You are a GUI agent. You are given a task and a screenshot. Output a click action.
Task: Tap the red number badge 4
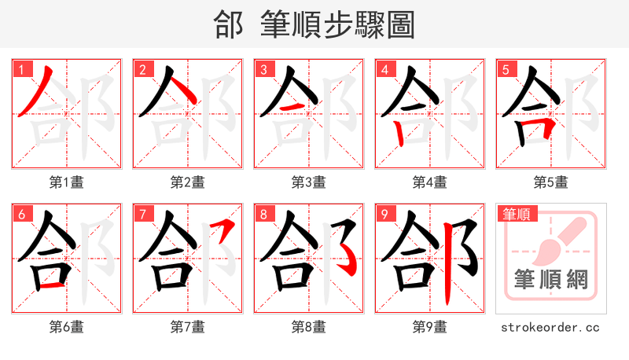384,69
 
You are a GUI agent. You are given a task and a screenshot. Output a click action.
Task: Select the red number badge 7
142,214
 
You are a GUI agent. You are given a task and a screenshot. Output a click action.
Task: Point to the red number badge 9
384,214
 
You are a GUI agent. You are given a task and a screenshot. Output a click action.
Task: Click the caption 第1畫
67,182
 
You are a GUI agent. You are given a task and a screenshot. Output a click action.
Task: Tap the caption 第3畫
309,182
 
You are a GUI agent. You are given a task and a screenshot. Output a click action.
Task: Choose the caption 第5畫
551,182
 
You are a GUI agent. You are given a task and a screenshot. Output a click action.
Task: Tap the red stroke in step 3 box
293,106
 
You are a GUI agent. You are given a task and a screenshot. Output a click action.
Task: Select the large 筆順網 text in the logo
551,279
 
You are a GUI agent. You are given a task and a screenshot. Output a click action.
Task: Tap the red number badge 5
506,69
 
